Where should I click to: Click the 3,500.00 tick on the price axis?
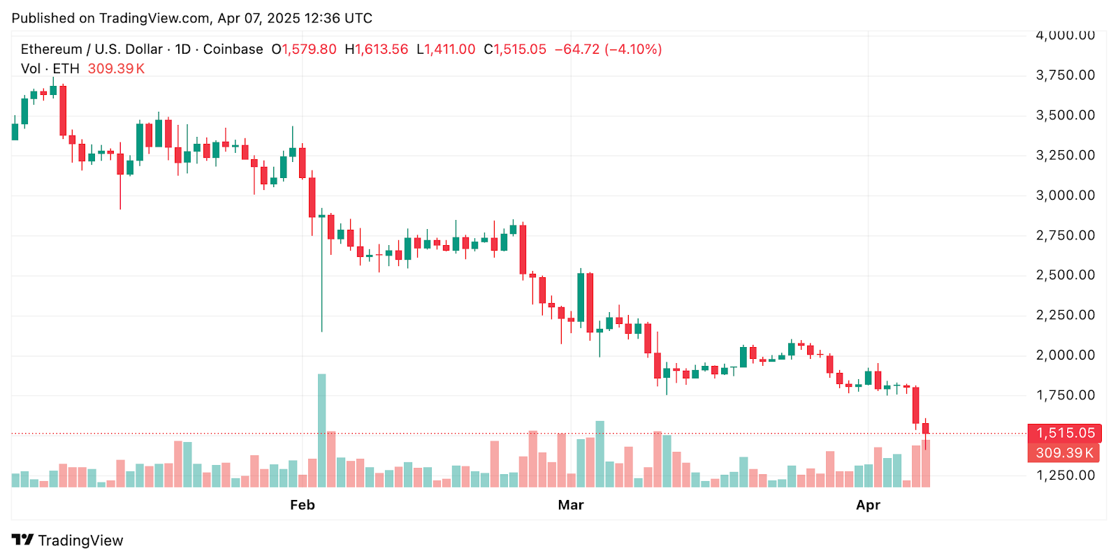tap(1065, 115)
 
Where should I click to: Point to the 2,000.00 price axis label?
tap(1065, 355)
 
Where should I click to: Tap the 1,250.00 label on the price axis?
tap(1065, 475)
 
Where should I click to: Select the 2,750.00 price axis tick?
tap(1065, 235)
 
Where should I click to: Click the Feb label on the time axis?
tap(303, 505)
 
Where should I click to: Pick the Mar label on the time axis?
tap(570, 505)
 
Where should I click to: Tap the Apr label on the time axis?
tap(868, 505)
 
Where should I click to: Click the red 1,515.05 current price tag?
tap(1064, 433)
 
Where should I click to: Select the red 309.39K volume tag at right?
tap(1063, 452)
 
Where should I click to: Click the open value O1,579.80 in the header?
tap(304, 50)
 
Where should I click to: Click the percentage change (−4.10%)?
tap(633, 50)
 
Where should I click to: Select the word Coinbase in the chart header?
tap(233, 50)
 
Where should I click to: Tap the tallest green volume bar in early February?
tap(321, 430)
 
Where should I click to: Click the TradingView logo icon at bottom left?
tap(22, 540)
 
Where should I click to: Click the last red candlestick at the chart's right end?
tap(925, 429)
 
